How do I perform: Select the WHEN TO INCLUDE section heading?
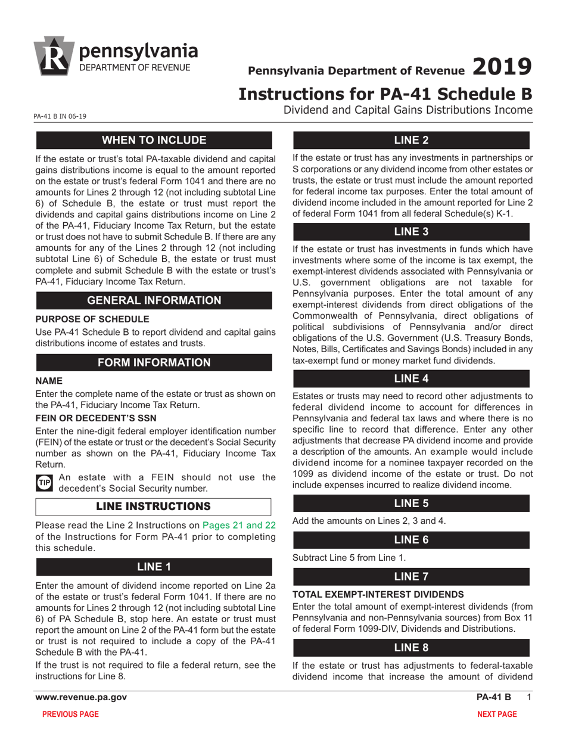(154, 141)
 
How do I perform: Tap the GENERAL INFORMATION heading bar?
(154, 300)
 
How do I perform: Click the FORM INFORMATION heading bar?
(154, 362)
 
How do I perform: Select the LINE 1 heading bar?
(154, 566)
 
